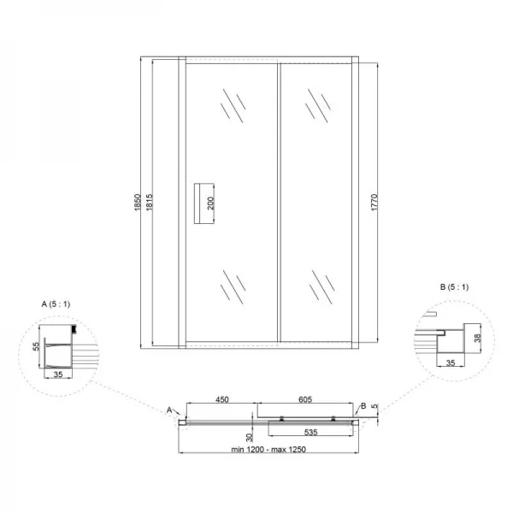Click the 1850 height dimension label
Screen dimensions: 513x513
[138, 203]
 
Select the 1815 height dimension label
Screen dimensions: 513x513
[149, 203]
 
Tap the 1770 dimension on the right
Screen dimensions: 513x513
[374, 203]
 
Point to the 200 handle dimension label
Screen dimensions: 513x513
[210, 203]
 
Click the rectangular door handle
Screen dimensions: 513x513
[203, 203]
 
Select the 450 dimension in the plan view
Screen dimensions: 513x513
[221, 399]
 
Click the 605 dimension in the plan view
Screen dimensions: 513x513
[305, 399]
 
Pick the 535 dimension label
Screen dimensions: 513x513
[311, 432]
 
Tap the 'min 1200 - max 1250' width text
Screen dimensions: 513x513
[268, 450]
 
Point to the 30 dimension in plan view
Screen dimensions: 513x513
[250, 437]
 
